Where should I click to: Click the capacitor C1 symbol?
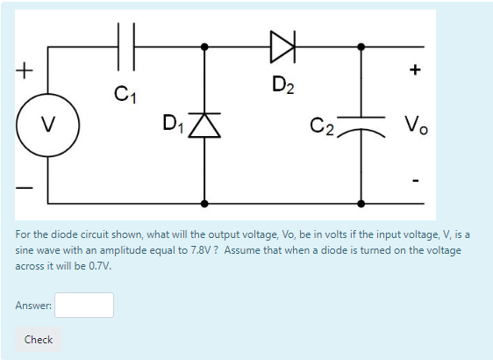tap(125, 46)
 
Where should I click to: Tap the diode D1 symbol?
tap(205, 127)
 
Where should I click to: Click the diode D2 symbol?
tap(282, 46)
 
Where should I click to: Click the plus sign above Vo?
tap(415, 68)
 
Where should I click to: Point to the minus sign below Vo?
tap(416, 181)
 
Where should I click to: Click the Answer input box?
tap(84, 305)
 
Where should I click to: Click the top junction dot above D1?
tap(205, 46)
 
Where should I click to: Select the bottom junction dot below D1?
tap(205, 203)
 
